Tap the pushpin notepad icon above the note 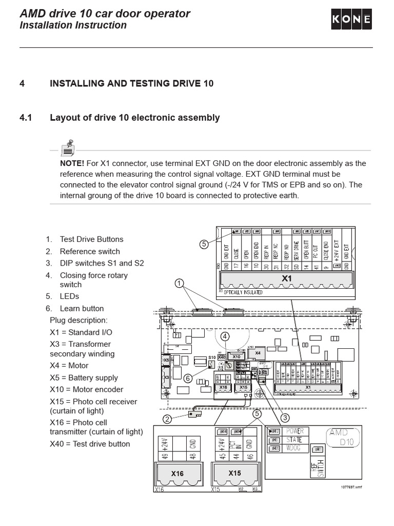pyautogui.click(x=67, y=147)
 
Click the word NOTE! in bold pyautogui.click(x=72, y=163)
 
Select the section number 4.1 pyautogui.click(x=26, y=118)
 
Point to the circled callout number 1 pyautogui.click(x=179, y=283)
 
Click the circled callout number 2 pyautogui.click(x=167, y=419)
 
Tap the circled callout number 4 pyautogui.click(x=225, y=337)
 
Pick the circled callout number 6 pyautogui.click(x=188, y=379)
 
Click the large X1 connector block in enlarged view pyautogui.click(x=286, y=279)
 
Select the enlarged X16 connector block pyautogui.click(x=177, y=473)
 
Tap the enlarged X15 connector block pyautogui.click(x=234, y=473)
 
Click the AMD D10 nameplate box pyautogui.click(x=344, y=438)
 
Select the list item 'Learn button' pyautogui.click(x=82, y=308)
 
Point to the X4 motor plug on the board pyautogui.click(x=258, y=353)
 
